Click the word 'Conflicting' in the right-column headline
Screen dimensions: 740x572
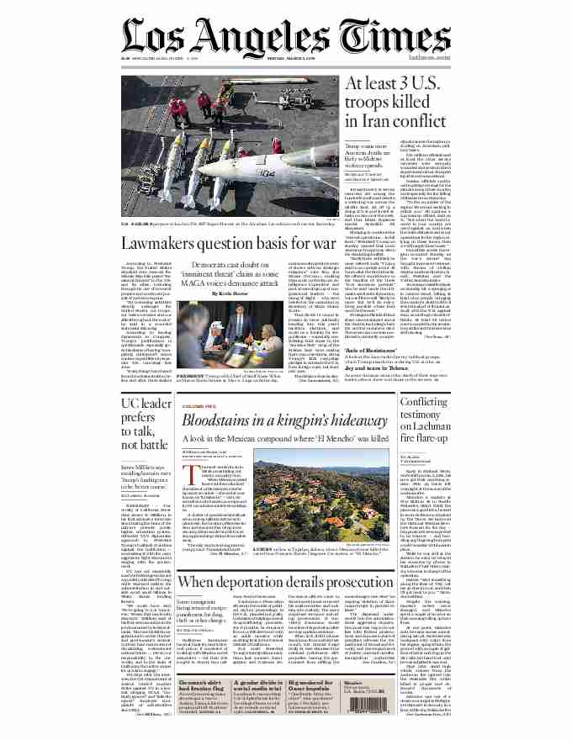pos(426,403)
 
